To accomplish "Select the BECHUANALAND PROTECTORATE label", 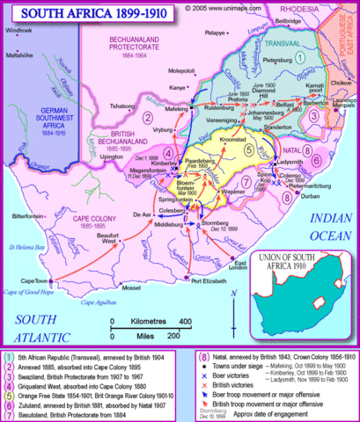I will pos(140,46).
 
